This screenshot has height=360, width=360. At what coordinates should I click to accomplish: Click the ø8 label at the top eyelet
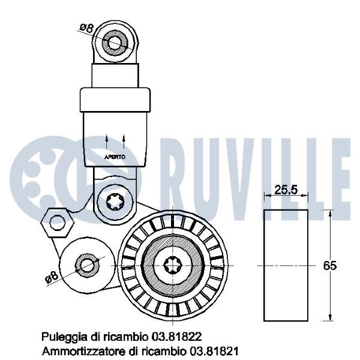coord(87,28)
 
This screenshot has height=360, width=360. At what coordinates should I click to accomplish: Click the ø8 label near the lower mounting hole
coord(52,277)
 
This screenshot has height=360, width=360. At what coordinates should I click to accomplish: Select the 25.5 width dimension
coord(286,190)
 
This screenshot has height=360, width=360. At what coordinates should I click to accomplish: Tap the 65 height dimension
coord(329,266)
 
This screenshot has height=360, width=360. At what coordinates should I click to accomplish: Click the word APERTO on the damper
coord(115,157)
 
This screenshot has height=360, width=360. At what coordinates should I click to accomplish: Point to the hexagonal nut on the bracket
coord(57,223)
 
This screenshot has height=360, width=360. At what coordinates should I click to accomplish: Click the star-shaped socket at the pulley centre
coord(173,265)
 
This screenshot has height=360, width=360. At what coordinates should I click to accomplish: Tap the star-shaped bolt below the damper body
coord(115,202)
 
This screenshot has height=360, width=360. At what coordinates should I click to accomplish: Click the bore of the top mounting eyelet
coord(115,43)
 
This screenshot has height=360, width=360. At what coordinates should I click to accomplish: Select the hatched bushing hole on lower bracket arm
coord(87,266)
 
